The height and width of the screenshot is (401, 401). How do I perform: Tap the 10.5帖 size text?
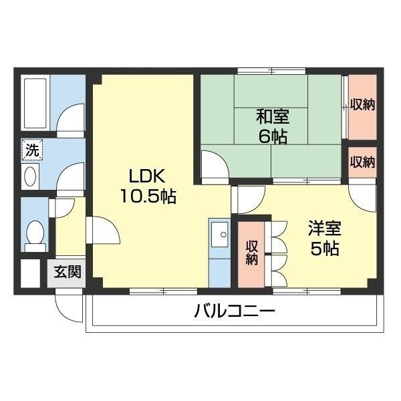(x=148, y=197)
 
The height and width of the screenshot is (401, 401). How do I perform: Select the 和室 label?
(x=273, y=116)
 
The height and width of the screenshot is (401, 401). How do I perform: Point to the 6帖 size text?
(x=273, y=136)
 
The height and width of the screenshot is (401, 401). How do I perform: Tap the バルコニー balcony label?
(x=235, y=311)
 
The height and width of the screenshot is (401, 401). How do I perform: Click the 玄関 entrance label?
(x=68, y=272)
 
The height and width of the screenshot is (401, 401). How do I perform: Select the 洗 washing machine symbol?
(x=31, y=150)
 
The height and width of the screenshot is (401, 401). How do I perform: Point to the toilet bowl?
(x=34, y=234)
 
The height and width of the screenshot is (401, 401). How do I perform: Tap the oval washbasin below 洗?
(x=31, y=176)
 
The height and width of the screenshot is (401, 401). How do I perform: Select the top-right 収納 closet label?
(x=362, y=104)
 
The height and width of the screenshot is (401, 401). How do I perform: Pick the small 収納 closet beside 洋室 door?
(x=362, y=162)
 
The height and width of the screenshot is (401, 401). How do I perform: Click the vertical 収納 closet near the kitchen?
(x=252, y=251)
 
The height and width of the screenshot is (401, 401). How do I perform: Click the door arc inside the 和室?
(x=215, y=167)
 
